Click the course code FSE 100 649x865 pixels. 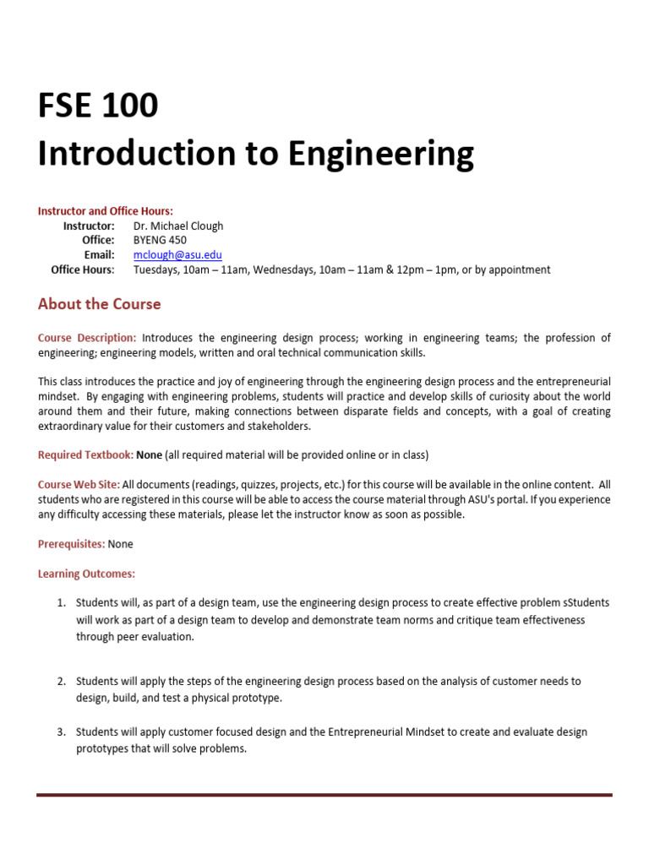tap(97, 106)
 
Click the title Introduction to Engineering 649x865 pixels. tap(255, 154)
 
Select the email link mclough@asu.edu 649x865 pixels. tap(177, 255)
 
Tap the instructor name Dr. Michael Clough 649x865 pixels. tap(178, 226)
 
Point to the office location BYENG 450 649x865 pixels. tap(160, 240)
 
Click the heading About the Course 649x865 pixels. tap(99, 304)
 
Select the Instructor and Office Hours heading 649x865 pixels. tap(105, 211)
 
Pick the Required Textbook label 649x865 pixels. tap(85, 455)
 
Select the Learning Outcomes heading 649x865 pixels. tap(86, 574)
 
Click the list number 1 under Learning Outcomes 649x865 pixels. tap(61, 603)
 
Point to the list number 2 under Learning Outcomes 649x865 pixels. tap(61, 681)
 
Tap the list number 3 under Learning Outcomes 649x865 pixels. tap(61, 732)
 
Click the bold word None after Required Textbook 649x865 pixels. tap(149, 455)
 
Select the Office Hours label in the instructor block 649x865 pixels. tap(82, 269)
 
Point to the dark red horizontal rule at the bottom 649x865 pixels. tap(324, 795)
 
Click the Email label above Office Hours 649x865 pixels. tap(99, 255)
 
